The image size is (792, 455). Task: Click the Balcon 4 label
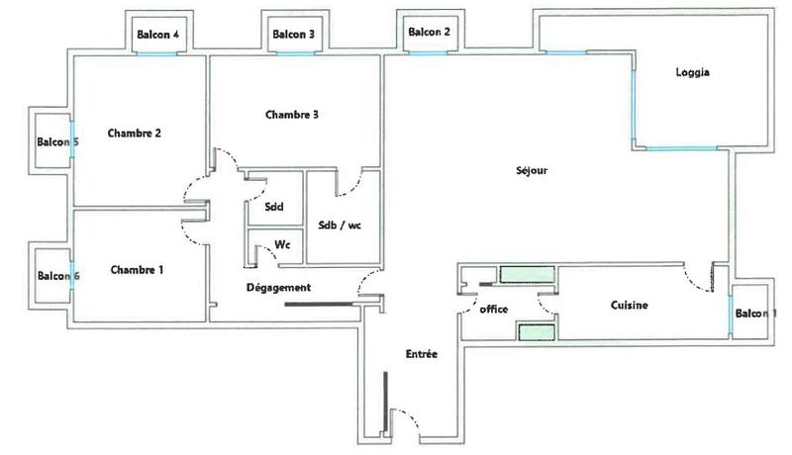158,35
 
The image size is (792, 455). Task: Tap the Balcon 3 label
293,35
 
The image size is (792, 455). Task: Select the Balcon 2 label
429,32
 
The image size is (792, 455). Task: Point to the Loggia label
693,72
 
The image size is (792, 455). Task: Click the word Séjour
531,170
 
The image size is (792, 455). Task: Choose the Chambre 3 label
292,115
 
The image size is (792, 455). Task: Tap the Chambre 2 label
135,134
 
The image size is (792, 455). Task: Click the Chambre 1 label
137,270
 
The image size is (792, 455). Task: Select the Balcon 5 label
57,142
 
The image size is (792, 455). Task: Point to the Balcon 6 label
57,276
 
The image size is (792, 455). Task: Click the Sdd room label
273,207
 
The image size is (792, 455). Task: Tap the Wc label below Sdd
281,243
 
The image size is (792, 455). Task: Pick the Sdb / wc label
340,225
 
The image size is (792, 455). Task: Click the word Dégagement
278,288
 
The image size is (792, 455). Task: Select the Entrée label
423,354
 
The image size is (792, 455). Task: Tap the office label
493,310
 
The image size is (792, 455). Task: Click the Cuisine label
629,306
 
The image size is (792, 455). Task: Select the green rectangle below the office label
534,331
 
